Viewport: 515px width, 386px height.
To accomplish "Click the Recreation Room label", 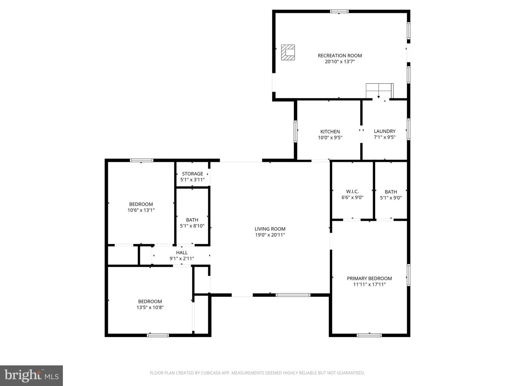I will (x=340, y=55).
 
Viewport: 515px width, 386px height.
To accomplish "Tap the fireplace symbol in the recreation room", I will (x=288, y=52).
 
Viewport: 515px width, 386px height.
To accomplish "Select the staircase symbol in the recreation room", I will (x=379, y=90).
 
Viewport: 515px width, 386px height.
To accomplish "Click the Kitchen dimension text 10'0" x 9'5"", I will (x=330, y=138).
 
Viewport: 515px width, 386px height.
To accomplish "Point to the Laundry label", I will (x=384, y=131).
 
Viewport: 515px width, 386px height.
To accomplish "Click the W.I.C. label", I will (x=352, y=192).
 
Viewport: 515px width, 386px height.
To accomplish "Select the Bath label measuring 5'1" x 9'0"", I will (x=391, y=192).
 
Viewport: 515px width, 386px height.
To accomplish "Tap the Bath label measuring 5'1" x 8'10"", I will (x=192, y=220).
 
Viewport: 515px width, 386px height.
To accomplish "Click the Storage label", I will (x=192, y=174).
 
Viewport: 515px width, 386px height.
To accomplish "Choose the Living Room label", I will (x=270, y=229).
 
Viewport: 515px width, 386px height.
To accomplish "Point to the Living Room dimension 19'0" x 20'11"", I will (x=270, y=235).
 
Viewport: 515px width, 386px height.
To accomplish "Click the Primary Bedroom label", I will (x=369, y=278).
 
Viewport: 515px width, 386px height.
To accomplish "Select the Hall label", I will (x=182, y=253).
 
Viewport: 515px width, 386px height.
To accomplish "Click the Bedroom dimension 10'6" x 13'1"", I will (x=141, y=211).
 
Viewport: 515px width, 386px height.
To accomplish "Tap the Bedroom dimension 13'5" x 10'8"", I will (x=150, y=307).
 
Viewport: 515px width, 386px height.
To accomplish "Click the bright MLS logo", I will (x=31, y=375).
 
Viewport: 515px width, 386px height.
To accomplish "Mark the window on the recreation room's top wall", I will (x=339, y=11).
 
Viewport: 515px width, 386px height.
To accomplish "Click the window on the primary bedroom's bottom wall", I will (x=369, y=335).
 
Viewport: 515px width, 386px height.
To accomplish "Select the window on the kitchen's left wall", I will (x=296, y=131).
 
